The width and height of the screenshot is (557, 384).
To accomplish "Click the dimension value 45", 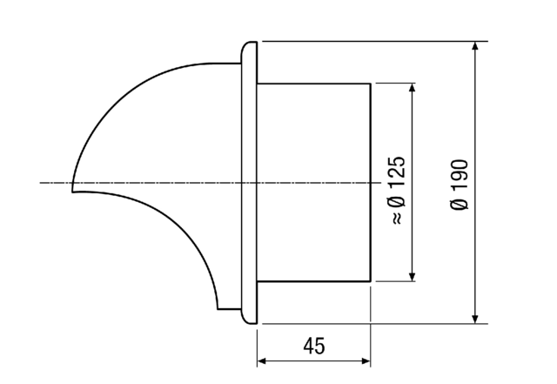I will tap(314, 346).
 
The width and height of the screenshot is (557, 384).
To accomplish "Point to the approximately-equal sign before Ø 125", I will tap(396, 218).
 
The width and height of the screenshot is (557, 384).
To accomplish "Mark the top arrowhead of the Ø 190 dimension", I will tap(475, 46).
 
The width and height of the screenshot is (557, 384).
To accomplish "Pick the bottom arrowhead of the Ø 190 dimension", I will tap(475, 318).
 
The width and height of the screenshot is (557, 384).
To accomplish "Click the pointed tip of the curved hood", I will tap(73, 191).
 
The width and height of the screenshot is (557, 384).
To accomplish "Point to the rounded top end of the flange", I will tap(249, 44).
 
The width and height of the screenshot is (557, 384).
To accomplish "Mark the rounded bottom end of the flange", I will tap(249, 322).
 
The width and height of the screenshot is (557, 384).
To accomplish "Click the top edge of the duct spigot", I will tap(313, 84).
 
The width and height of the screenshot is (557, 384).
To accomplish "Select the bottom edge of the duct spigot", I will tap(313, 282).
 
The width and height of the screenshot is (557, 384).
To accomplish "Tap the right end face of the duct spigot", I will tap(372, 139).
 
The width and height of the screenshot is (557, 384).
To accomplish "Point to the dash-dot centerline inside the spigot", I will tap(313, 183).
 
